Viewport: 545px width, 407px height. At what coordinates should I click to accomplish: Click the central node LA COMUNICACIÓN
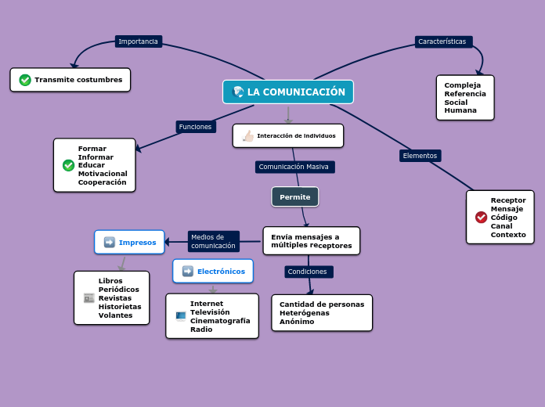[x=288, y=92]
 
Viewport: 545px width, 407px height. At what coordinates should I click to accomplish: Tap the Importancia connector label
[x=138, y=41]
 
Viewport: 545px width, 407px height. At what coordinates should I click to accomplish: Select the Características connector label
[x=442, y=41]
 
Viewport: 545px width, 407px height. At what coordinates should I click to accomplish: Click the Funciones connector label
[x=195, y=127]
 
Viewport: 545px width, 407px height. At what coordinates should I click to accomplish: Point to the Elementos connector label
[x=420, y=156]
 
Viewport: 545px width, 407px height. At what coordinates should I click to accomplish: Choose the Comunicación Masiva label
[x=294, y=167]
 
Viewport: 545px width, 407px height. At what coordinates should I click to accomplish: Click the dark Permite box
[x=295, y=197]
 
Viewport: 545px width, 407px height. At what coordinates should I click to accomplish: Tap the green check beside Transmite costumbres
[x=25, y=80]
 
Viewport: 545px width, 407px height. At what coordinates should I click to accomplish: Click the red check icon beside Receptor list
[x=481, y=217]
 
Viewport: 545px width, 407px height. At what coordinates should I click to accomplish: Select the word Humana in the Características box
[x=460, y=110]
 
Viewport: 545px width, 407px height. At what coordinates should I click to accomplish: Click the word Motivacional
[x=103, y=174]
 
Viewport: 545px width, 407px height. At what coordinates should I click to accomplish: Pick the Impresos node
[x=130, y=243]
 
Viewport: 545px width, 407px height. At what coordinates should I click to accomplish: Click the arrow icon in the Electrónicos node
[x=188, y=272]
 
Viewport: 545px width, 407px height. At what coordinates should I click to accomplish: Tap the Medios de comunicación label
[x=213, y=241]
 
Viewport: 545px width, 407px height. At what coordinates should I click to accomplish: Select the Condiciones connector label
[x=308, y=272]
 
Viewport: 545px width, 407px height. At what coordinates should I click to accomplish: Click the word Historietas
[x=120, y=306]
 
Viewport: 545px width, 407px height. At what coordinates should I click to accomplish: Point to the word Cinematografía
[x=220, y=321]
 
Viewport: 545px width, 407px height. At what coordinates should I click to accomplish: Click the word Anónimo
[x=297, y=322]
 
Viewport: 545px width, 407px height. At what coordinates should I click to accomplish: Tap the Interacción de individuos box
[x=288, y=135]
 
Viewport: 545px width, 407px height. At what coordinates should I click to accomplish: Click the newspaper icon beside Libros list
[x=88, y=298]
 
